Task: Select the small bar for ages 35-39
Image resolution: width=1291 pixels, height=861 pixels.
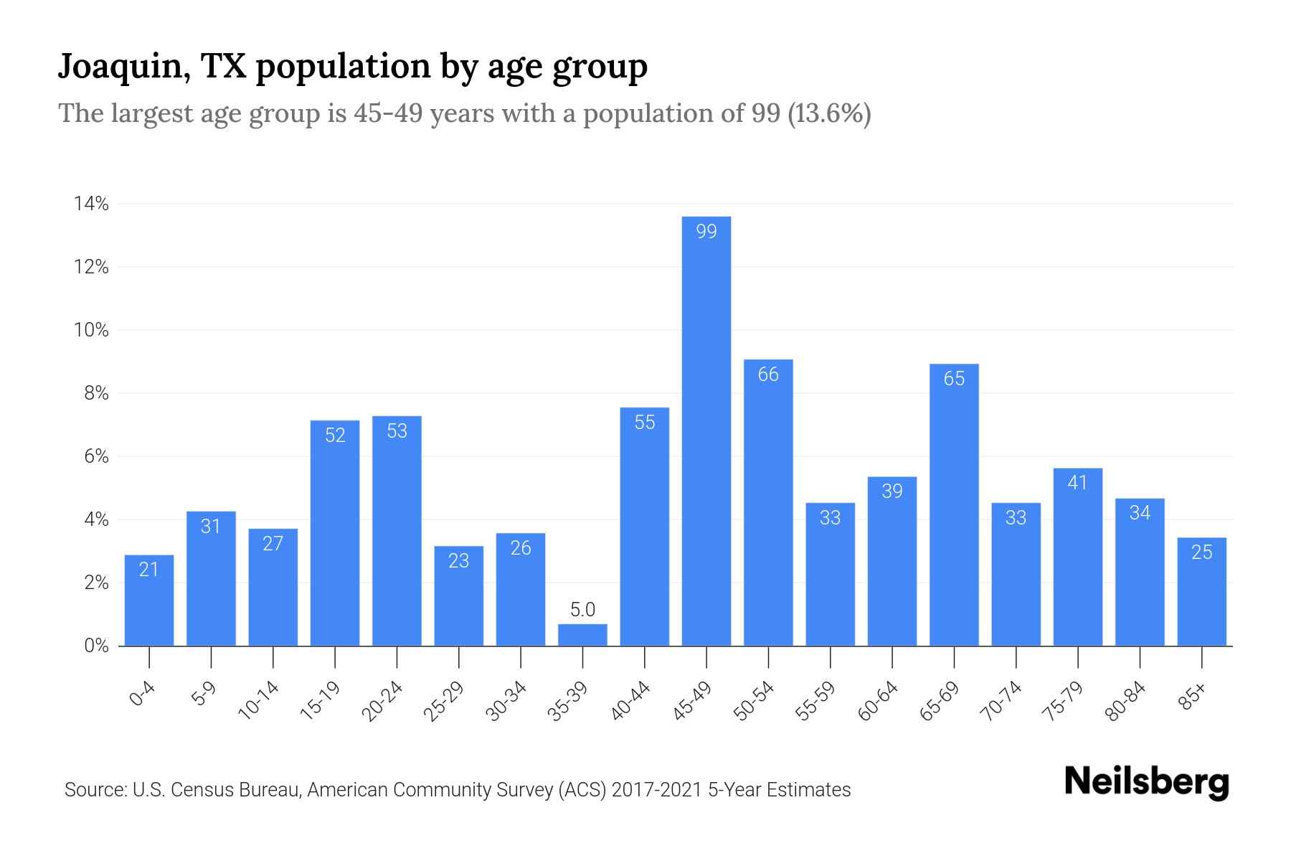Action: coord(582,635)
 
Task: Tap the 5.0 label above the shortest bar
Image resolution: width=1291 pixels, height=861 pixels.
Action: coord(582,610)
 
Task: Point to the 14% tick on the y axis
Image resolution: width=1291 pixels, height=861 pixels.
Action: coord(91,204)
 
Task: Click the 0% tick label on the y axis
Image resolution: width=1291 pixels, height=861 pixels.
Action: coord(96,646)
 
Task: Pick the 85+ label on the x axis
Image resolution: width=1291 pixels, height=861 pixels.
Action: coord(1193,698)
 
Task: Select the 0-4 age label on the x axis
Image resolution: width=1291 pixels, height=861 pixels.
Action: coord(143,696)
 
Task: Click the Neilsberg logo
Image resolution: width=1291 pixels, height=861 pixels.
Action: coord(1147,782)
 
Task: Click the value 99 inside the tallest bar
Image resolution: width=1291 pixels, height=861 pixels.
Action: coord(706,231)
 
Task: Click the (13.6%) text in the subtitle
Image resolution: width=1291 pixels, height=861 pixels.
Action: coord(829,113)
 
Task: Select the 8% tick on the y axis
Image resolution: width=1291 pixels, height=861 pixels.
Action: coord(96,393)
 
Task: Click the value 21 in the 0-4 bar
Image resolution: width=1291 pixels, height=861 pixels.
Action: coord(148,570)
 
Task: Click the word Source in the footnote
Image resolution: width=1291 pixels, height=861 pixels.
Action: coord(94,790)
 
